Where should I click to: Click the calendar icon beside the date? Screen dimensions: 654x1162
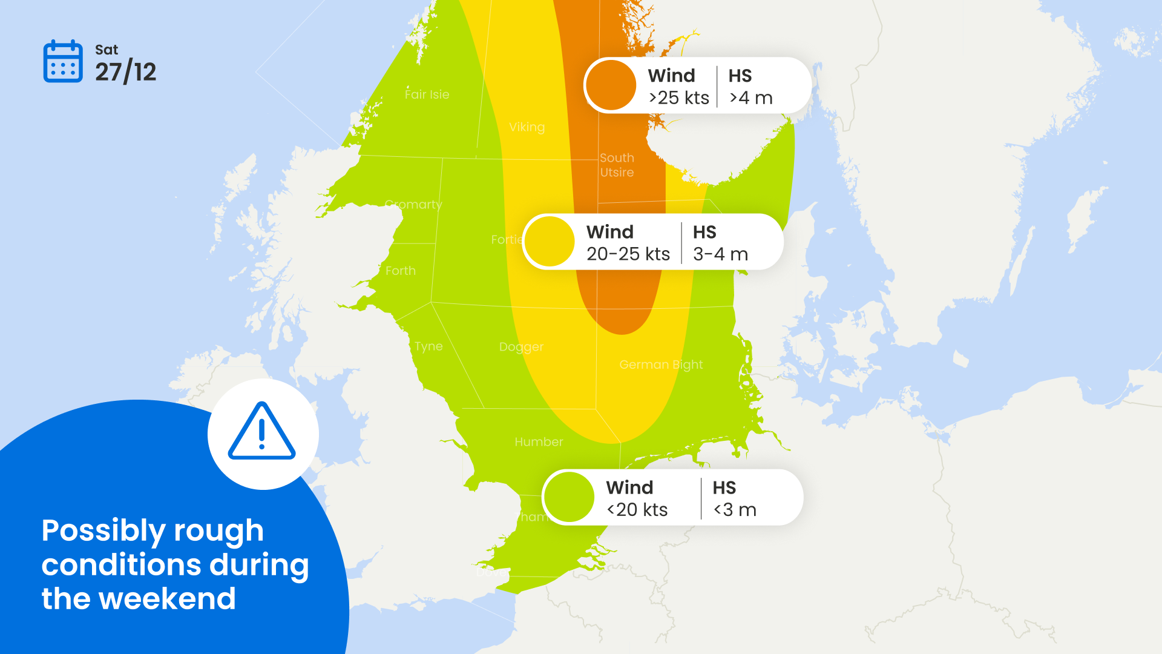coord(63,61)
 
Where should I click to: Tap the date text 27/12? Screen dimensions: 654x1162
coord(125,73)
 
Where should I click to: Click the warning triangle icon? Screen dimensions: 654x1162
coord(262,432)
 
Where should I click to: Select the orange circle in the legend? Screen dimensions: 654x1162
coord(611,85)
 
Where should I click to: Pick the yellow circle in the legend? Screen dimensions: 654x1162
coord(550,242)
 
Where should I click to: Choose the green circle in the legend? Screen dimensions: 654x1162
coord(569,497)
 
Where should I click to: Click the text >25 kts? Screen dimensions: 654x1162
coord(678,98)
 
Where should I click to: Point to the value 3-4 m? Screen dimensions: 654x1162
coord(720,254)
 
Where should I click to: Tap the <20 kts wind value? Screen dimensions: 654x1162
coord(637,510)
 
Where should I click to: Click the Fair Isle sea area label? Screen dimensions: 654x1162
coord(427,94)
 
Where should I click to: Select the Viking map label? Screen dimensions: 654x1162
coord(527,127)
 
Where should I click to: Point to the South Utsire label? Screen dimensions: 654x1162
coord(617,165)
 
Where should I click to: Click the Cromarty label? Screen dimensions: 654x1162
coord(413,205)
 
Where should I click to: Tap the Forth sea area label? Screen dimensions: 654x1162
coord(401,271)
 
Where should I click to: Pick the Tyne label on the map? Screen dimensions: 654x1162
coord(428,346)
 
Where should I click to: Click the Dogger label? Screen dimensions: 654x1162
coord(521,347)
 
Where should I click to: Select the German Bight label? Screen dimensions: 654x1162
coord(661,365)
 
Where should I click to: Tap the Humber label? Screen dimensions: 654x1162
coord(539,442)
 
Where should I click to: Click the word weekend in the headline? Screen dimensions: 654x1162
coord(167,599)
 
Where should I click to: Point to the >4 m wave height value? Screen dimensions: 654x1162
coord(751,98)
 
